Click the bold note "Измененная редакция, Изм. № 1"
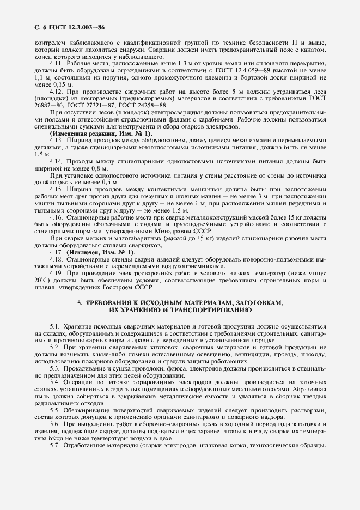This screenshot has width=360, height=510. click(x=101, y=133)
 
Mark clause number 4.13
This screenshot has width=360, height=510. click(x=57, y=141)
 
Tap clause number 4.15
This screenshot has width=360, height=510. click(x=57, y=189)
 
